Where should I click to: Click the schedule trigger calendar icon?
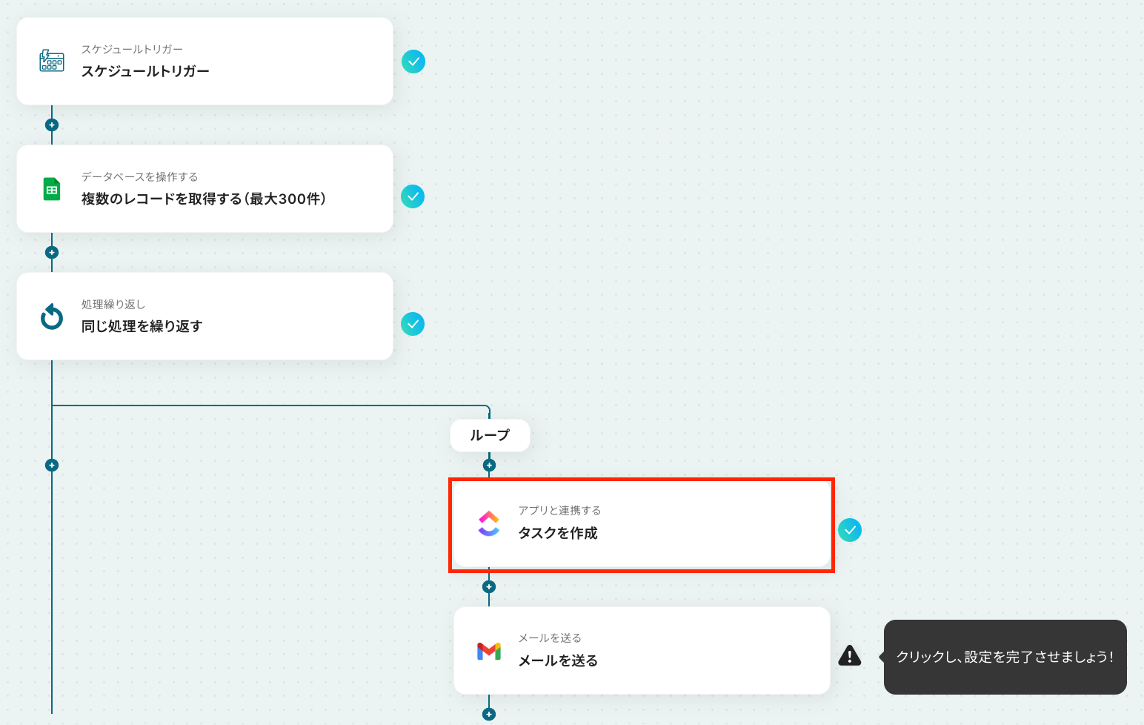(x=52, y=61)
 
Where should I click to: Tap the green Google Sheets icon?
(x=52, y=189)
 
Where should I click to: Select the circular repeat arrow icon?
(x=52, y=317)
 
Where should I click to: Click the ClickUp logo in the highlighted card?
(x=489, y=523)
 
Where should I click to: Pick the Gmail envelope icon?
(x=489, y=652)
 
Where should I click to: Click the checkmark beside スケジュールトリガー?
(x=413, y=62)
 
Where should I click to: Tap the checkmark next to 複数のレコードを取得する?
(x=413, y=196)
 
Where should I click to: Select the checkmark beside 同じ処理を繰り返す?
(x=413, y=324)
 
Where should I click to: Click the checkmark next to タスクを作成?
(x=850, y=530)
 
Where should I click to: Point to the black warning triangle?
(x=850, y=655)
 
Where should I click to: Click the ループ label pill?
(x=490, y=435)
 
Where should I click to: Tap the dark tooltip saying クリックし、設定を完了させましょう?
(x=1005, y=657)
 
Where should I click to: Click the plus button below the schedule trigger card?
(x=52, y=125)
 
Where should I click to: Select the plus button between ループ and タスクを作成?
(x=489, y=465)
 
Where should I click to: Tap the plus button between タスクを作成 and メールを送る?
(x=489, y=586)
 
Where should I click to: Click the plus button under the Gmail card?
(x=489, y=714)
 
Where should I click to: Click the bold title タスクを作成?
(x=558, y=534)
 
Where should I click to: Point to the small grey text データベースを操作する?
(x=139, y=176)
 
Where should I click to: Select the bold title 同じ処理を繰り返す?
(x=142, y=326)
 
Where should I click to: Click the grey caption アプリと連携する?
(x=559, y=511)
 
